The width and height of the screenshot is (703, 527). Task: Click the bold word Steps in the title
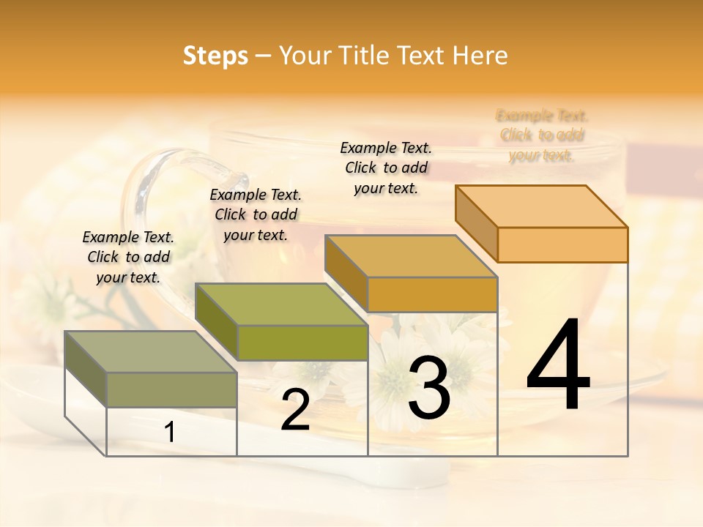click(x=215, y=56)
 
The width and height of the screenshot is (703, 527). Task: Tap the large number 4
click(x=558, y=365)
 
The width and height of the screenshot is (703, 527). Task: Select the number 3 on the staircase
click(x=428, y=389)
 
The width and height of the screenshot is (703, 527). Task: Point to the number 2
click(x=295, y=411)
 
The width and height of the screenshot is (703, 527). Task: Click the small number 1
click(x=170, y=433)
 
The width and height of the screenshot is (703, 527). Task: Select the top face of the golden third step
click(x=411, y=256)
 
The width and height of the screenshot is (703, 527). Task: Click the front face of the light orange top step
click(x=562, y=244)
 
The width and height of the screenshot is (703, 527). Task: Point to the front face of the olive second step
click(x=302, y=343)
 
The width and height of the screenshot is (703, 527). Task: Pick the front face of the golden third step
click(x=432, y=294)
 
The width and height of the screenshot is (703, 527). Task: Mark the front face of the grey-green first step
click(x=171, y=389)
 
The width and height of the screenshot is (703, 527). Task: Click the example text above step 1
click(x=128, y=257)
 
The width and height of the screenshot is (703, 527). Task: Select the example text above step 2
click(x=256, y=214)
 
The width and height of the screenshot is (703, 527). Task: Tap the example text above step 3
click(x=386, y=168)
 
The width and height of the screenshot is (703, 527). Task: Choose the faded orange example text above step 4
click(x=542, y=135)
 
